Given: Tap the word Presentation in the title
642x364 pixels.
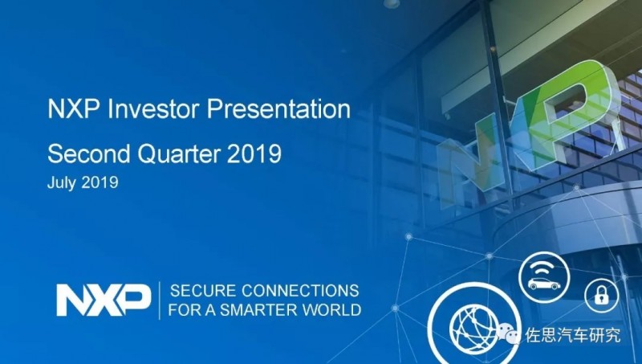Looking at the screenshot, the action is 278,109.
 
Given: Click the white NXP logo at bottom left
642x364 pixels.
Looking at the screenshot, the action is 104,300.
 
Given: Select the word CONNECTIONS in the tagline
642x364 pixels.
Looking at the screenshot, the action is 300,291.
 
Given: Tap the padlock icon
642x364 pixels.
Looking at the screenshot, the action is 601,295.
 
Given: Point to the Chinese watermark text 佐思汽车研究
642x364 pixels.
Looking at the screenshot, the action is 573,335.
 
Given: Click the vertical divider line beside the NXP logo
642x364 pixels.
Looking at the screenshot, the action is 160,301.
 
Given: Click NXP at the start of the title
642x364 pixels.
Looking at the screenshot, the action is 73,109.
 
